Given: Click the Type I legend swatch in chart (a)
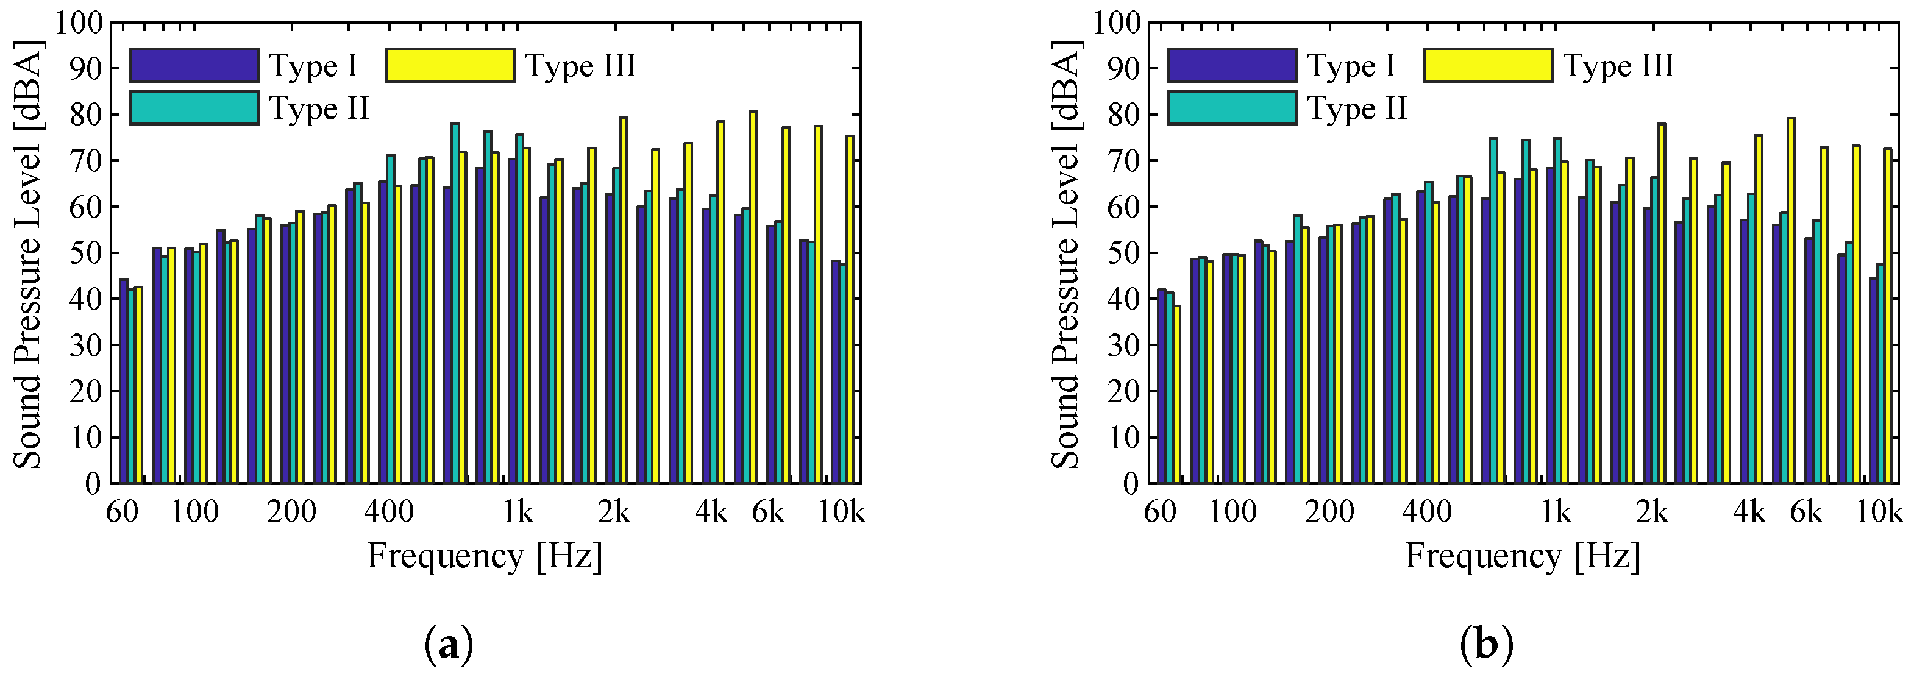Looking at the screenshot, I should (x=194, y=65).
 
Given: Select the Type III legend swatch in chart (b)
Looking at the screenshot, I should (x=1487, y=65).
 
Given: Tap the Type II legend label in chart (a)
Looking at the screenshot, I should (x=319, y=108).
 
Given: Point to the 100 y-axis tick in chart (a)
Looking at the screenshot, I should (x=78, y=23).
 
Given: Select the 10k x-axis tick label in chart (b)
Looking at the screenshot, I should (x=1880, y=512).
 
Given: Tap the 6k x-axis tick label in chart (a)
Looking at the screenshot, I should (x=767, y=512).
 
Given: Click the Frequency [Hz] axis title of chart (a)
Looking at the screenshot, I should (x=485, y=556).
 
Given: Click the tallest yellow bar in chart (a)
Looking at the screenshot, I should (x=753, y=297).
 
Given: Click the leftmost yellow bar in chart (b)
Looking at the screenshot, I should (x=1177, y=394).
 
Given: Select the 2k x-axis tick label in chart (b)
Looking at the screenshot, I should (x=1653, y=512).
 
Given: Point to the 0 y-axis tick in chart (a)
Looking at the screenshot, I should (x=92, y=484).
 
